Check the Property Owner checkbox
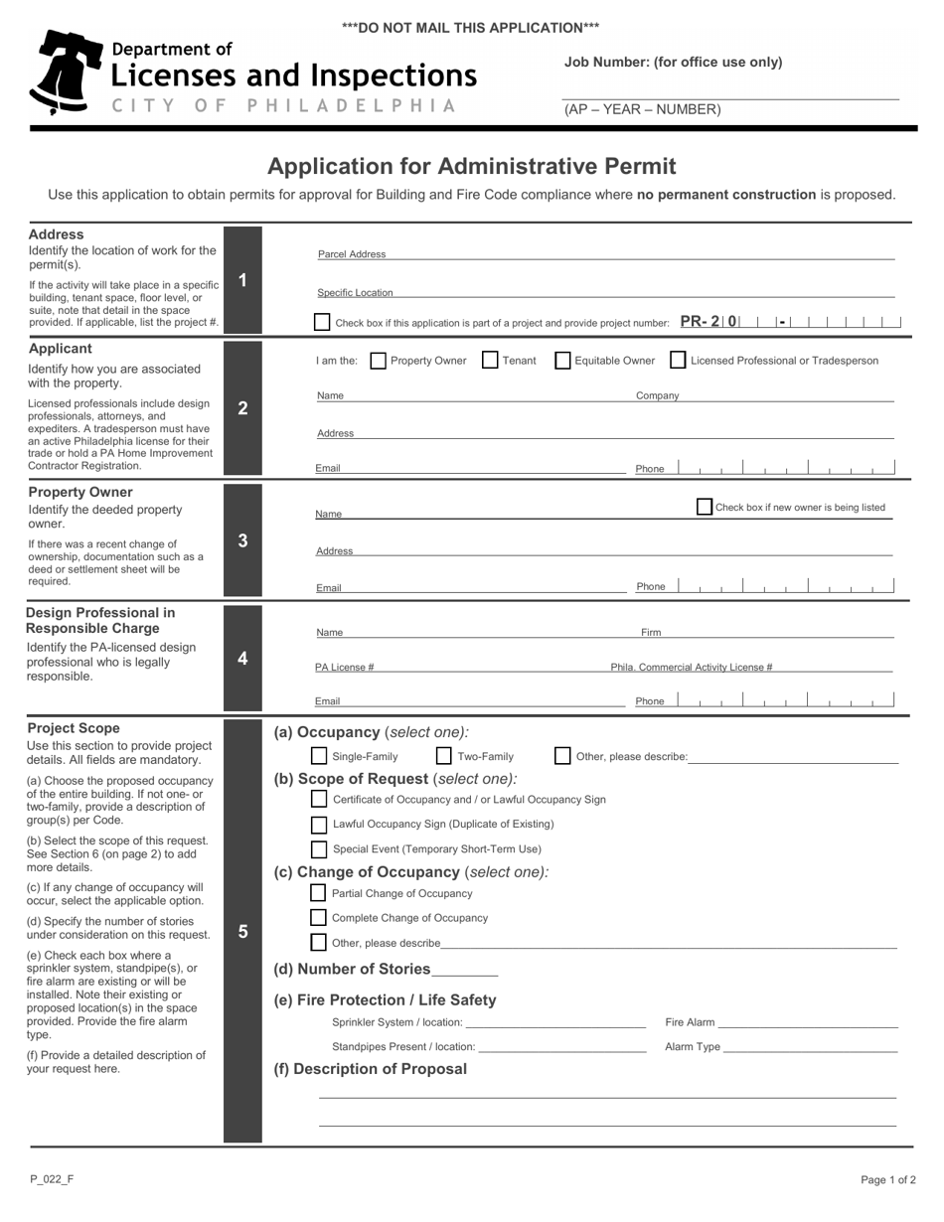(378, 361)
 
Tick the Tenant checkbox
(490, 361)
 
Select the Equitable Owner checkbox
(562, 361)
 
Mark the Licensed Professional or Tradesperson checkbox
(678, 361)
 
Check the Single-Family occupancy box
(319, 756)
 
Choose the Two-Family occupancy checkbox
(444, 756)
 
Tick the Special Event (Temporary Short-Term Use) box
(319, 849)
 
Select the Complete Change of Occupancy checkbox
(319, 918)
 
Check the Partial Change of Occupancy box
(319, 893)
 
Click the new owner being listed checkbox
(705, 507)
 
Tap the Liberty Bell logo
(66, 72)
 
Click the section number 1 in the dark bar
(242, 280)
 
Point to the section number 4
(242, 658)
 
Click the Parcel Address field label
(352, 254)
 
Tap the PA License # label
(345, 668)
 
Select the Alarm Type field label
(693, 1046)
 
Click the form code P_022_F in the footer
(52, 1179)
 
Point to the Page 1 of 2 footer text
(888, 1180)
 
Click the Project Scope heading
(74, 728)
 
